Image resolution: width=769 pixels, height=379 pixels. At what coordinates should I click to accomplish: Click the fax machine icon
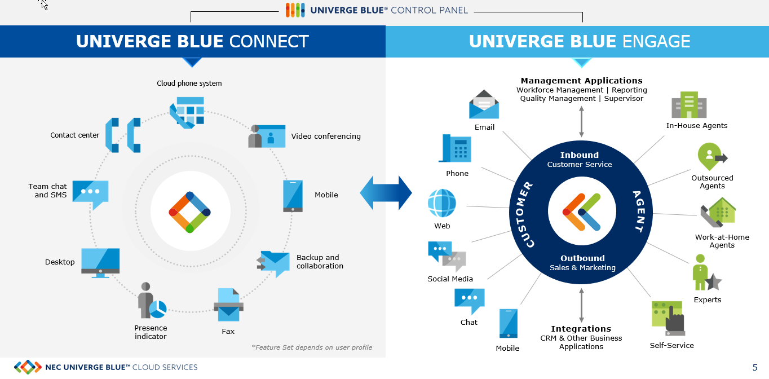coord(228,305)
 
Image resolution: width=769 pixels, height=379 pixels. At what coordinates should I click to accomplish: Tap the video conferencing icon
coord(267,136)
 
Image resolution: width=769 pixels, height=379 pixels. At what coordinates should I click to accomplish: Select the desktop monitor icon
coord(100,262)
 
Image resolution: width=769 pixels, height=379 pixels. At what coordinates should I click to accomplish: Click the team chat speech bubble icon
coord(90,193)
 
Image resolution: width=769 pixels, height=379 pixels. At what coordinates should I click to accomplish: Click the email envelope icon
coord(484,104)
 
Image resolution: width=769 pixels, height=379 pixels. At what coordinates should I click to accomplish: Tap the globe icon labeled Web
coord(441,203)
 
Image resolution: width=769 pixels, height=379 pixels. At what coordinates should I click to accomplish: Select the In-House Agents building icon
coord(688,105)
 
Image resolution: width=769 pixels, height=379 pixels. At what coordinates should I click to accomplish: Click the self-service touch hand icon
coord(668,319)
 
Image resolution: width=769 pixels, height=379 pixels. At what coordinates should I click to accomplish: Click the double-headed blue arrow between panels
coord(386,193)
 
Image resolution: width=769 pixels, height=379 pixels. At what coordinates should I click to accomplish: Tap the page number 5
coord(755,368)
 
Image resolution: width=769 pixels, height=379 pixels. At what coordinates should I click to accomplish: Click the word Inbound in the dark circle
coord(579,155)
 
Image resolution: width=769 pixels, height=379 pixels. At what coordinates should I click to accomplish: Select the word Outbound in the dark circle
coord(582,258)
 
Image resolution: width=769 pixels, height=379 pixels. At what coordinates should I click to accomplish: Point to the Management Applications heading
coord(581,81)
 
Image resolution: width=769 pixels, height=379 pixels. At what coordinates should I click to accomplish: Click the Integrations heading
coord(581,329)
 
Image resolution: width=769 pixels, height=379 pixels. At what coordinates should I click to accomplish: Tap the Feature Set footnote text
coord(312,347)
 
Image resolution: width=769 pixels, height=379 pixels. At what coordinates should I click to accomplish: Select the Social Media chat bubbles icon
coord(447,257)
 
